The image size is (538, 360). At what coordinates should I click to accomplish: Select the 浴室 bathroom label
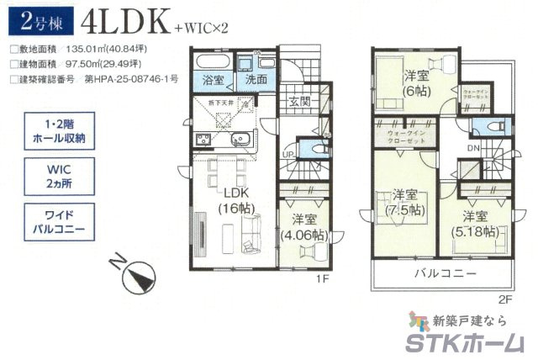[210, 80]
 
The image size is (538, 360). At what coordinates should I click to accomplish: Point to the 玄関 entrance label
[299, 103]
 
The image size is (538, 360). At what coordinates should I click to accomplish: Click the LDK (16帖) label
[232, 199]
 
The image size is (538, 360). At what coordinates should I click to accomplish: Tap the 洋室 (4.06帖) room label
[303, 227]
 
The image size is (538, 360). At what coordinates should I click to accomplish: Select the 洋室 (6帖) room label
[415, 80]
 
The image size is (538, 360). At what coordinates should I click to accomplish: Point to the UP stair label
[287, 156]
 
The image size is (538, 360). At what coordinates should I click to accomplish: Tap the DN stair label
[473, 149]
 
